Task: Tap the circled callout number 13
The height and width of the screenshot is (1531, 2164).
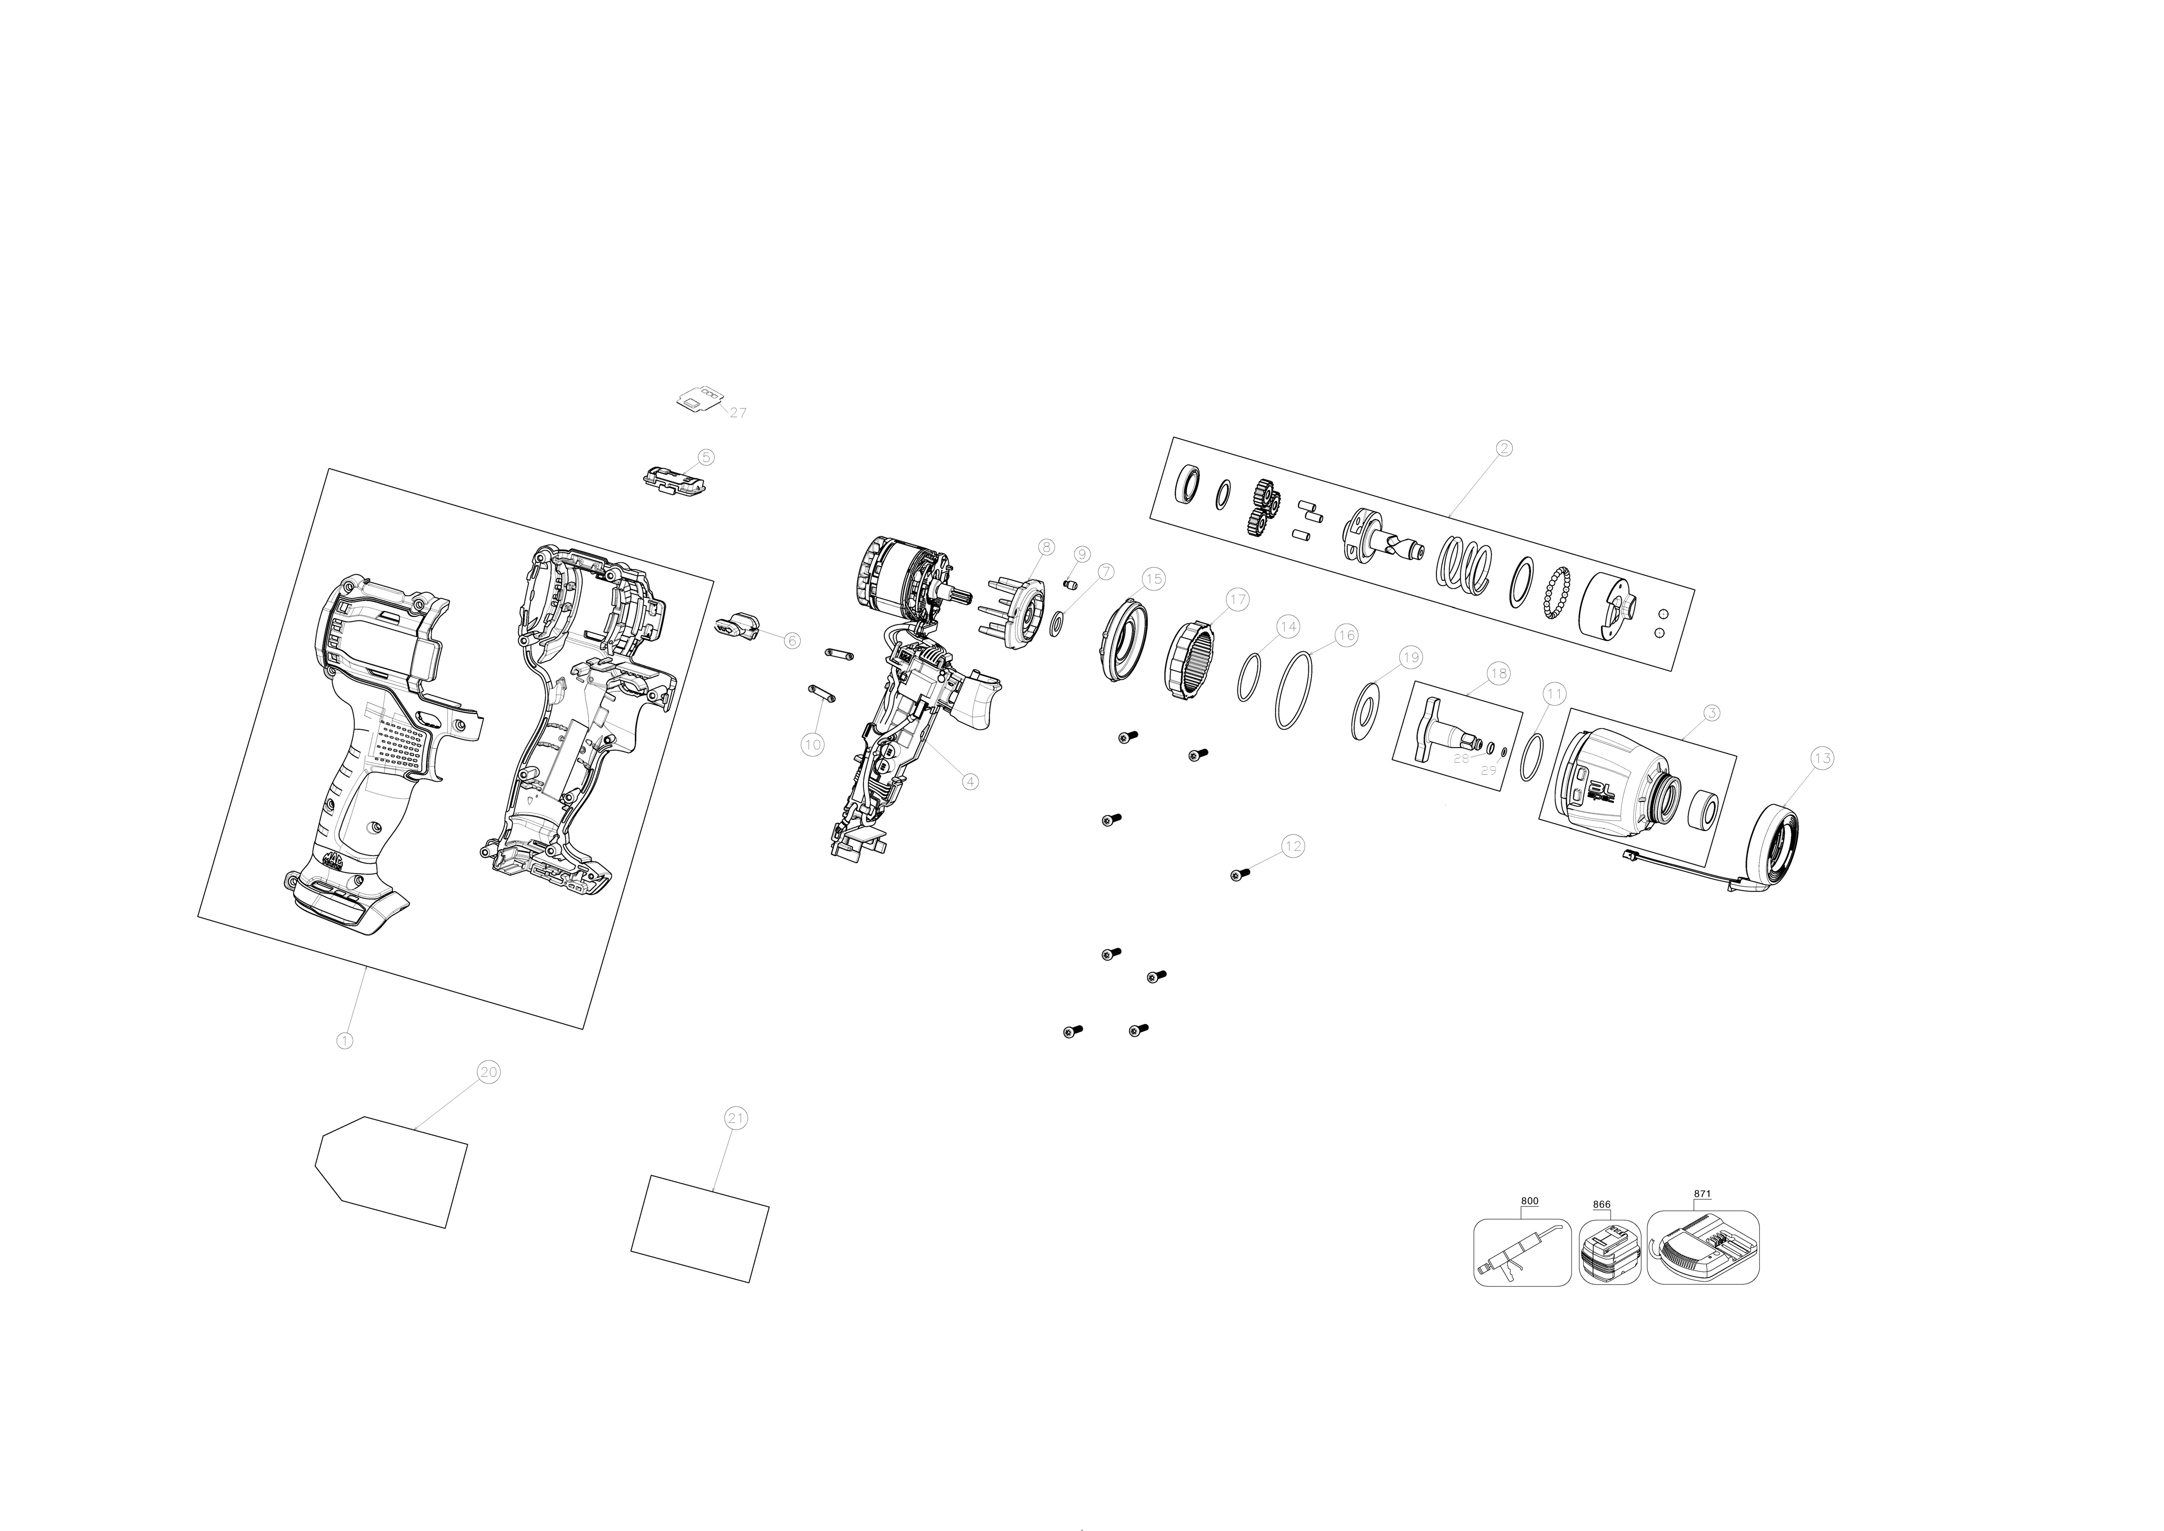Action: (x=1822, y=758)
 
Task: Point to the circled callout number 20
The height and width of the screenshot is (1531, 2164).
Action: (x=488, y=1072)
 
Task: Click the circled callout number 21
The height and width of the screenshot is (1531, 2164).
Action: (x=735, y=1118)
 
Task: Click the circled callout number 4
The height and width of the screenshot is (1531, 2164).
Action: (x=970, y=780)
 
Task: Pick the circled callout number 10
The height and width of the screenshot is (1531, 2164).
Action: (x=811, y=745)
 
